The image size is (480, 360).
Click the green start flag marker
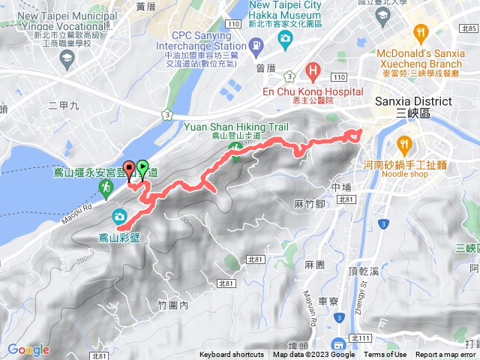(142, 169)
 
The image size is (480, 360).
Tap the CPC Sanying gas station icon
(257, 47)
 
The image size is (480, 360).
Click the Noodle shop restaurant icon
(403, 142)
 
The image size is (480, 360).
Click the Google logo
(28, 349)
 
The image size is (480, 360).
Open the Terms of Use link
(385, 355)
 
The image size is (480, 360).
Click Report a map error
(446, 355)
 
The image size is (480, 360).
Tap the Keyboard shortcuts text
(231, 355)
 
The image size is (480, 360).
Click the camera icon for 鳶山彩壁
(119, 217)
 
